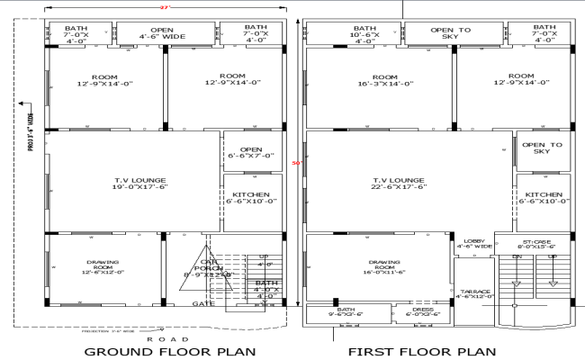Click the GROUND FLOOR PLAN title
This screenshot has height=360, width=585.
tap(169, 351)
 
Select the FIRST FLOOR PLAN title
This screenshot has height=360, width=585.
tap(422, 351)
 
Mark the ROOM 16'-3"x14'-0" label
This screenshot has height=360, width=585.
tap(385, 81)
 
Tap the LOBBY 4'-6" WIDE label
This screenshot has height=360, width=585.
tap(473, 244)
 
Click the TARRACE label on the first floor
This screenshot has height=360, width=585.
tap(473, 292)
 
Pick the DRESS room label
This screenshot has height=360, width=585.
tap(423, 312)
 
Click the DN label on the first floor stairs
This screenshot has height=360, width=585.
tap(517, 257)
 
